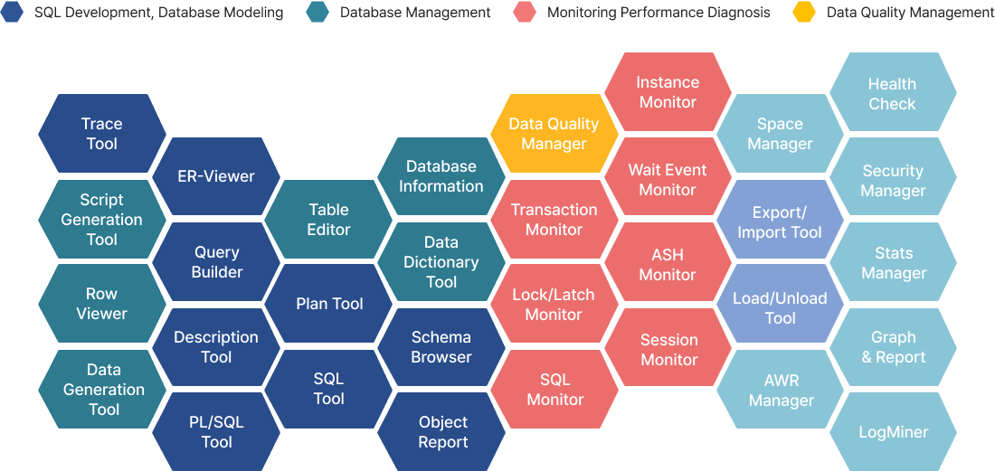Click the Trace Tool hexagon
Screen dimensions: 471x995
102,134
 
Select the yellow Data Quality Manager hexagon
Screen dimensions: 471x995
554,134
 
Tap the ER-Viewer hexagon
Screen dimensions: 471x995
216,176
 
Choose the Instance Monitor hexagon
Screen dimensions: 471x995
668,92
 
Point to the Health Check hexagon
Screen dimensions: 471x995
893,94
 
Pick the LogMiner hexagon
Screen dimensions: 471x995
893,432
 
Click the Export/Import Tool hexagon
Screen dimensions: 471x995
780,222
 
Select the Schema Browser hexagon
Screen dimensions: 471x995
441,347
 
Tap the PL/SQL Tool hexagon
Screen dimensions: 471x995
216,432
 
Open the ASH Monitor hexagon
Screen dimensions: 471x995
668,265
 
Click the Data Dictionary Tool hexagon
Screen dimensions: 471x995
441,262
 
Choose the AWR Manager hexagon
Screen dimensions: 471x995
780,391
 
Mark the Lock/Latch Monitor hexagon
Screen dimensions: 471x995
554,305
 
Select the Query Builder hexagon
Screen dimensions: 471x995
216,262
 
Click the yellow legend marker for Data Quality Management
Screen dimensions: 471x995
804,13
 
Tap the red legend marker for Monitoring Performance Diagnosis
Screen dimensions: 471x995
524,13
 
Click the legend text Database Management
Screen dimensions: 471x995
415,13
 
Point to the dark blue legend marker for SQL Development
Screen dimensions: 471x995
13,13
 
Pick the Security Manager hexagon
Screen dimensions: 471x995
893,181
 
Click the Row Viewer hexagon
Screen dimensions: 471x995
102,304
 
